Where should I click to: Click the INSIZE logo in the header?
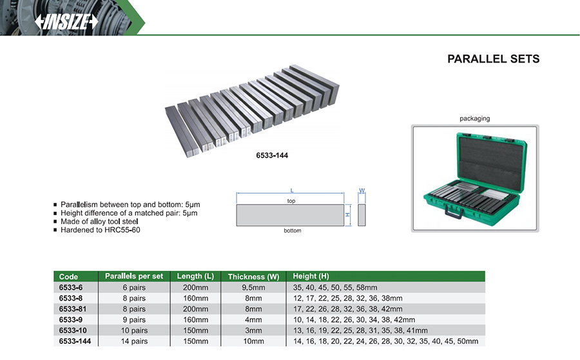66,21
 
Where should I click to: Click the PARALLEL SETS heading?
493,59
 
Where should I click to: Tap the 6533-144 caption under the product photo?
253,155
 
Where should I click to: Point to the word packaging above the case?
474,118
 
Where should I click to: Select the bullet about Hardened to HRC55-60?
100,230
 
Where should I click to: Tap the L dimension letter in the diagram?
292,191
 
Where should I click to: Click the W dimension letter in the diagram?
362,191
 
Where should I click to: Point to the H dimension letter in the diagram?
347,214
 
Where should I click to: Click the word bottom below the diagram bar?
292,231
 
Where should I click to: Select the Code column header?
68,276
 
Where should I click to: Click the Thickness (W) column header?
253,276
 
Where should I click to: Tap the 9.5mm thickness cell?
253,287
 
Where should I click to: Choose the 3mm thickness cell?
253,330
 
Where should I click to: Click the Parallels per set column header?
134,276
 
